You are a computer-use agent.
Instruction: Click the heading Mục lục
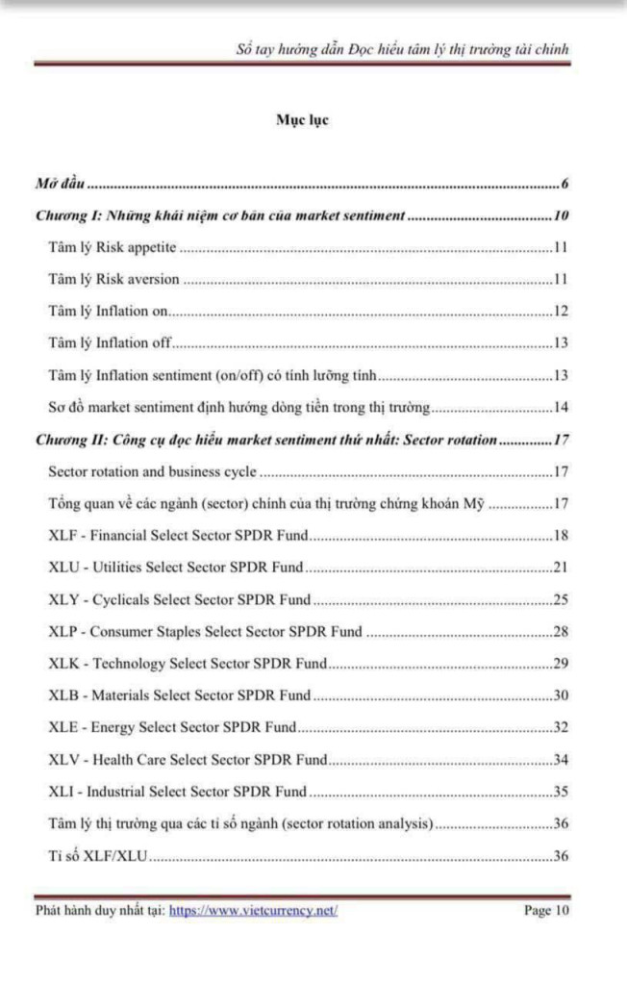tap(302, 120)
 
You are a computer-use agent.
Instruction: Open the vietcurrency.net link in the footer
tap(253, 910)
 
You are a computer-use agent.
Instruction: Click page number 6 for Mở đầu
tap(565, 184)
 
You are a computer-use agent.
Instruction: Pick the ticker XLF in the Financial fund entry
tap(63, 535)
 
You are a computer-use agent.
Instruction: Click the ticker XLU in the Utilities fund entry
tap(63, 567)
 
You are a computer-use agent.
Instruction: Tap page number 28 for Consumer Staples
tap(562, 631)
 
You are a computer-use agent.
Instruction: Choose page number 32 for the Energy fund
tap(562, 727)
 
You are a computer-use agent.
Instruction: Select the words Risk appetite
tap(137, 247)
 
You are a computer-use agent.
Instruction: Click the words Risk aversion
tap(138, 279)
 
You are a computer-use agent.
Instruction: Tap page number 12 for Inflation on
tap(562, 311)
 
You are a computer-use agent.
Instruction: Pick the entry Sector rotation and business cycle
tap(152, 471)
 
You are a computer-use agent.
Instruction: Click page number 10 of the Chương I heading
tap(563, 215)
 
